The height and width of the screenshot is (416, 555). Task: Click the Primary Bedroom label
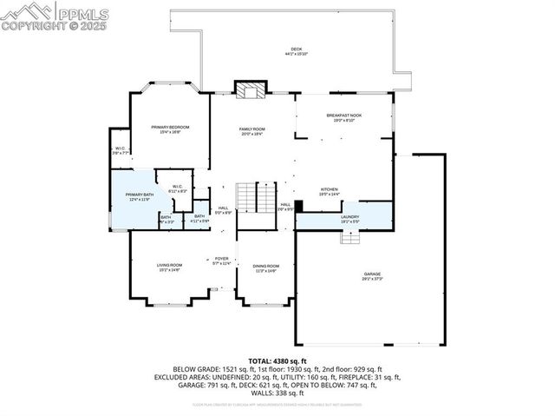pos(170,129)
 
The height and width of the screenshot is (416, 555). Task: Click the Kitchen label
pos(330,191)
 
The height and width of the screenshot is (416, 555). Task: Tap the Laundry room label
pos(349,219)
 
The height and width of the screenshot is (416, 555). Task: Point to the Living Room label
pos(169,267)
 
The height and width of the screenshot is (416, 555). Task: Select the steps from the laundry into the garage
pos(349,237)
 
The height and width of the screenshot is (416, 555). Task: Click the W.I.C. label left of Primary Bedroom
pos(121,150)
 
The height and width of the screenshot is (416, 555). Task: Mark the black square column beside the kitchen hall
pos(298,207)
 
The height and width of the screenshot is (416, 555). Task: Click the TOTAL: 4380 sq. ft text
pos(277,360)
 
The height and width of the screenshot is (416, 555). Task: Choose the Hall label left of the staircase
pos(223,209)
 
